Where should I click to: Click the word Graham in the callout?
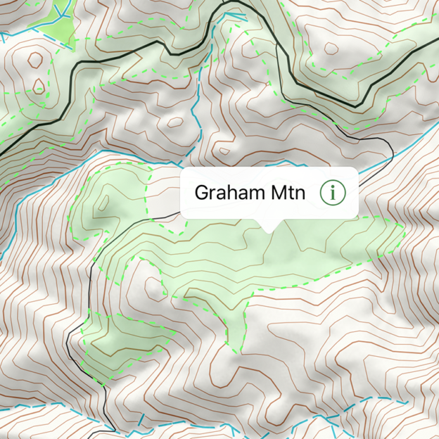click(x=230, y=192)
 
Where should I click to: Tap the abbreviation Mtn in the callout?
click(x=288, y=192)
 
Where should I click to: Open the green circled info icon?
click(x=332, y=192)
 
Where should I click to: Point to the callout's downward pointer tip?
click(x=269, y=229)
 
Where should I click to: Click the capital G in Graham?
click(x=201, y=192)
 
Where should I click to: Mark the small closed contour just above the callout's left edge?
click(x=224, y=150)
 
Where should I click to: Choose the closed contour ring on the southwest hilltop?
click(x=152, y=285)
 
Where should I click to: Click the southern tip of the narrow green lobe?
click(x=236, y=350)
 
